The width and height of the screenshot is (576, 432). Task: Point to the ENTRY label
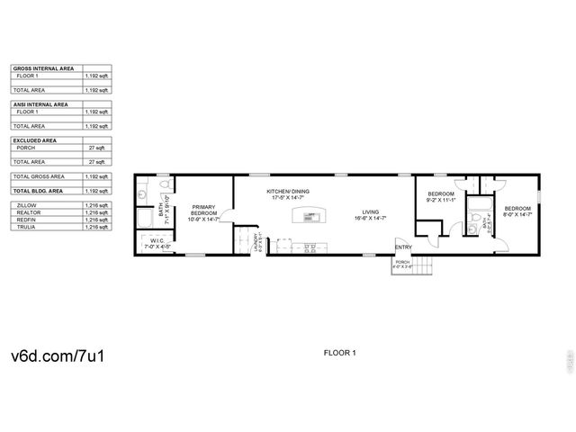(402, 247)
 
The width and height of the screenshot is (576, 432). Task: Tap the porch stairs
(423, 266)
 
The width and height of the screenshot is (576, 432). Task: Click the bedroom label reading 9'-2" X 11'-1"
(441, 198)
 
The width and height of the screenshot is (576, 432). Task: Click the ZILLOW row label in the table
(27, 205)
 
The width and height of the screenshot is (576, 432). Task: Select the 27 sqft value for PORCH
(102, 148)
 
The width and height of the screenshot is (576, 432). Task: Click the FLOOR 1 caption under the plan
(339, 353)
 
